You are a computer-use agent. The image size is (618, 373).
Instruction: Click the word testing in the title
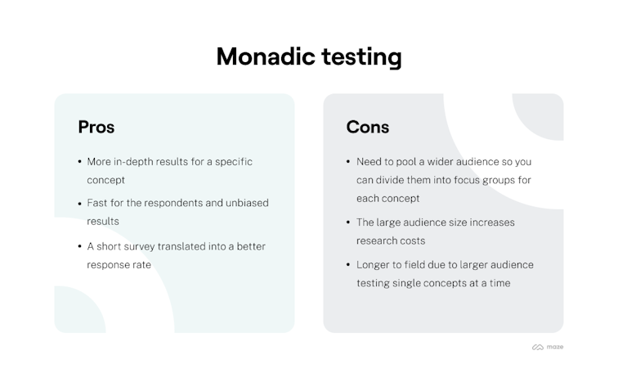tap(360, 57)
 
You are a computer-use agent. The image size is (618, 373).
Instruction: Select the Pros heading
tap(96, 127)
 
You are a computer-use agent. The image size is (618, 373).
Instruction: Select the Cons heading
tap(368, 127)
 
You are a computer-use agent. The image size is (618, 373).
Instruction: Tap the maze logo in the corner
tap(548, 347)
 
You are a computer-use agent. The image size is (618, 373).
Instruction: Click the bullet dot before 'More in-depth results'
tap(80, 162)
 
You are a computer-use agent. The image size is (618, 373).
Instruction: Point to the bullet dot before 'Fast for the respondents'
tap(80, 203)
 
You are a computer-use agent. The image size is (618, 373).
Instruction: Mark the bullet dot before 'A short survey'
tap(80, 246)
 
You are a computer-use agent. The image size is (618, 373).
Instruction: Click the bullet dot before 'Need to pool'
tap(348, 162)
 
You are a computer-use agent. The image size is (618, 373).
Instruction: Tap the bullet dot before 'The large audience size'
tap(348, 222)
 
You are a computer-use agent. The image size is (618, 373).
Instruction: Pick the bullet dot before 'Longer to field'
tap(348, 265)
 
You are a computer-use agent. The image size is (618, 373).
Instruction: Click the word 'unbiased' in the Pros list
tap(245, 203)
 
